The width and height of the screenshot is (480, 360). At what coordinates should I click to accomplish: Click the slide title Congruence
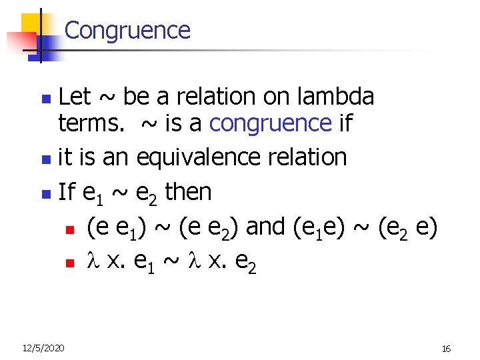pos(127,31)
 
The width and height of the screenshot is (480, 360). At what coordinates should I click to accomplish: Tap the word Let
pos(75,98)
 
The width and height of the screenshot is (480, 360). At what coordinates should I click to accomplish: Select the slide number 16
pos(447,348)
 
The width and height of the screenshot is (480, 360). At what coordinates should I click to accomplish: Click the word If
pos(67,192)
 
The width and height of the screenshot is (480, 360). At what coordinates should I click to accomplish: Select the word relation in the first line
pos(221,98)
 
